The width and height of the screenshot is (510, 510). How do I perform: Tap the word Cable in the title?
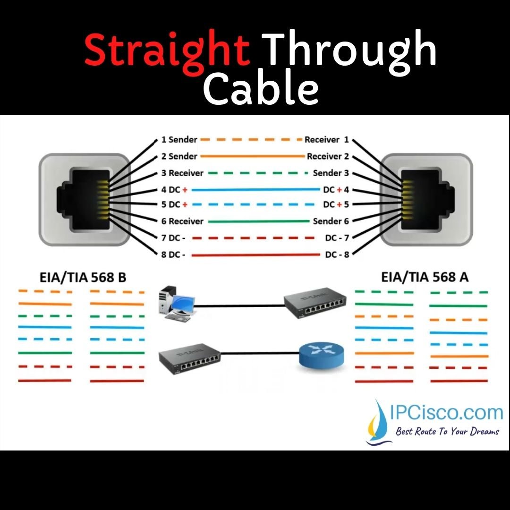(x=261, y=87)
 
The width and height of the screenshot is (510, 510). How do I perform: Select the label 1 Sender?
(x=179, y=139)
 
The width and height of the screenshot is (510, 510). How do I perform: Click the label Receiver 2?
(x=328, y=156)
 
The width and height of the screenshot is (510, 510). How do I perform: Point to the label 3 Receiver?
(x=182, y=173)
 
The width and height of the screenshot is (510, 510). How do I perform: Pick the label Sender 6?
(x=331, y=221)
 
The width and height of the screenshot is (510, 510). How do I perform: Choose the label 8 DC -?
(x=173, y=255)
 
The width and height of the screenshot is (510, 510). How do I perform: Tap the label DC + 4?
(x=336, y=190)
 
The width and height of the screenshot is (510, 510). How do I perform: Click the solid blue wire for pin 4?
(x=255, y=190)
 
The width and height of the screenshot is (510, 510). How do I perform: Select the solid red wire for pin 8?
(x=255, y=255)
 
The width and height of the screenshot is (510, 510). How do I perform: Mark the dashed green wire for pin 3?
(x=258, y=173)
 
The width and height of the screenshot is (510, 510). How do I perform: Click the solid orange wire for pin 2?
(x=252, y=156)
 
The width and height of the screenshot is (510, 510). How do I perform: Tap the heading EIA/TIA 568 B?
(x=83, y=278)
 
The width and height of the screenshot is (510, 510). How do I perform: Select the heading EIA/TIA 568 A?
(x=425, y=277)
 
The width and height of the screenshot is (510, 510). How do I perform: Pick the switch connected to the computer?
(x=315, y=303)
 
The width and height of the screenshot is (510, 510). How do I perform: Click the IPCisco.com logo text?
(x=447, y=413)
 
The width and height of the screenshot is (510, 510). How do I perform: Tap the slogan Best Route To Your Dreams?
(x=447, y=432)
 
